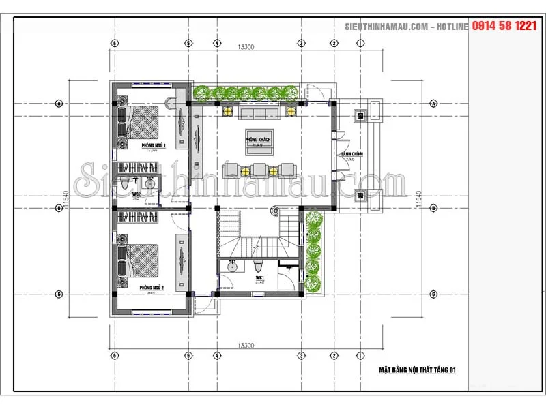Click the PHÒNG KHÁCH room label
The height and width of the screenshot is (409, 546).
[259, 139]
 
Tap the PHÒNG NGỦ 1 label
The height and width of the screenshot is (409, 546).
[154, 146]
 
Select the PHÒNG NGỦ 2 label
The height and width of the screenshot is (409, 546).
[152, 288]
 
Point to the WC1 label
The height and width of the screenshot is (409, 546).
[260, 278]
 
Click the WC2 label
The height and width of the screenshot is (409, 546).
[136, 194]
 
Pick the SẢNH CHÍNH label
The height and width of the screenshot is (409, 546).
[352, 155]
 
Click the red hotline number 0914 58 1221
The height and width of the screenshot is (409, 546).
[504, 25]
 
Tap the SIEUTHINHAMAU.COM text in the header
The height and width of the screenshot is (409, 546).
[386, 26]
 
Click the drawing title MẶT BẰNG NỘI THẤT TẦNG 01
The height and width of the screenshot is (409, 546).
[417, 370]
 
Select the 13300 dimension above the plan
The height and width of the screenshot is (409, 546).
[246, 47]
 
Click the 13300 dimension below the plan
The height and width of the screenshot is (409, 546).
[246, 346]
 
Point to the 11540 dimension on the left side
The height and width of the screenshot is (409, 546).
[68, 198]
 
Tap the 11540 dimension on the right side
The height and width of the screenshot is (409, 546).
[419, 198]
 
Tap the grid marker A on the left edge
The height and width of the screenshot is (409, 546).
[59, 104]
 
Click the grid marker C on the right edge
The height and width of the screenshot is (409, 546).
[433, 294]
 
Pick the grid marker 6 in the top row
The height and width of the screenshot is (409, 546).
[115, 42]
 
